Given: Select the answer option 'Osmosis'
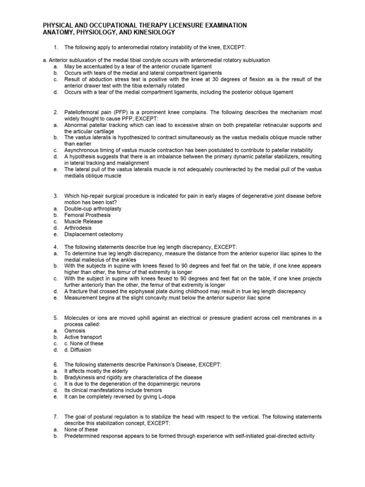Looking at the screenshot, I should (x=75, y=330).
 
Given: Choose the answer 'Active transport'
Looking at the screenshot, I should (x=83, y=337).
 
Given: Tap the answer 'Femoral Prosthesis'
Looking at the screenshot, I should (x=87, y=215).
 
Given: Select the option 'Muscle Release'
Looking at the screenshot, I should (x=83, y=221).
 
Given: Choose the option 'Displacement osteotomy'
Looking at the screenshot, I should (x=94, y=234).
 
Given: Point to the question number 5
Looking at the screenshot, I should (x=56, y=317).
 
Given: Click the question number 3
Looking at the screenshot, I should (x=56, y=195).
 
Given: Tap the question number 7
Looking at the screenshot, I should (x=56, y=416).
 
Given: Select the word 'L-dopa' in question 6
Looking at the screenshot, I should (x=156, y=396).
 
